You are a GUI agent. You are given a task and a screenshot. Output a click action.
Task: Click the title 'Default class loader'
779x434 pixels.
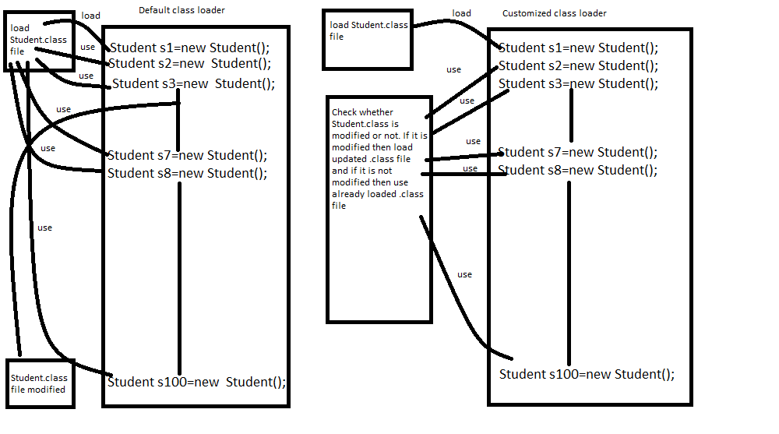[182, 10]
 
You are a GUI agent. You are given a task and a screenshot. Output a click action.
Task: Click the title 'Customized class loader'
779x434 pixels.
[554, 13]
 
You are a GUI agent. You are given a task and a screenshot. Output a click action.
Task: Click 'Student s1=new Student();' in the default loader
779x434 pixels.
[189, 47]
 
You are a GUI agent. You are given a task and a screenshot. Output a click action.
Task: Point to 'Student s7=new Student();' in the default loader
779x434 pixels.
[187, 155]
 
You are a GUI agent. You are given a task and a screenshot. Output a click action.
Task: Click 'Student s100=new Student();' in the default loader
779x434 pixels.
[196, 382]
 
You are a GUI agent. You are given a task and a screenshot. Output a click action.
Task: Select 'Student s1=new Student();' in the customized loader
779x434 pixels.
[578, 48]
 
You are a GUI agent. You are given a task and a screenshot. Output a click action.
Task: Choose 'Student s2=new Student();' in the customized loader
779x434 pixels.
[578, 65]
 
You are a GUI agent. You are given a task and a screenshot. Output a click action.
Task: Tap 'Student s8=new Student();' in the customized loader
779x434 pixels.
[577, 170]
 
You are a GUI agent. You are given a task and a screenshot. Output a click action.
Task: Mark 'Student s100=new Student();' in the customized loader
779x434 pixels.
[587, 374]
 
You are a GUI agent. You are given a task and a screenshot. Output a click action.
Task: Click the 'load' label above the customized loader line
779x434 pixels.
[462, 13]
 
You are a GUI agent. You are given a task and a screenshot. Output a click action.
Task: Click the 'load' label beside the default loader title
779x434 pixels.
[90, 16]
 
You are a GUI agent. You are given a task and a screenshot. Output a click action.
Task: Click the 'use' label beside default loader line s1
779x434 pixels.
[87, 48]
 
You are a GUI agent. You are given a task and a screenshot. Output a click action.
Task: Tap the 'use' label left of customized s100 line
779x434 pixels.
[464, 274]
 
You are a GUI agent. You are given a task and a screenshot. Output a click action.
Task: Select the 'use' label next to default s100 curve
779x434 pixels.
[44, 228]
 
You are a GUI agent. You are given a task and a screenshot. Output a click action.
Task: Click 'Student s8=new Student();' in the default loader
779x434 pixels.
[187, 173]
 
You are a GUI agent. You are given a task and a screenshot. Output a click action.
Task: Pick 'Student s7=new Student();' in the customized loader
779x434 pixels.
[577, 152]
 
